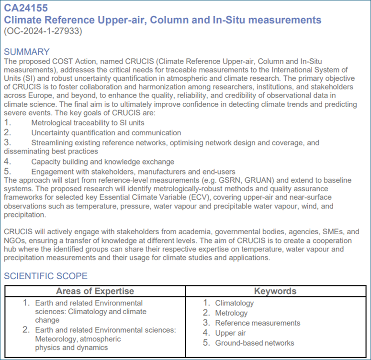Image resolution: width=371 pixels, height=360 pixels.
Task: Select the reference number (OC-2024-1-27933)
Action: [x=43, y=32]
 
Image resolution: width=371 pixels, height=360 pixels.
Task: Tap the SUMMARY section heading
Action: [x=26, y=52]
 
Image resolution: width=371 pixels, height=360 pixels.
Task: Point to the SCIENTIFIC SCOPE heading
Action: [x=45, y=276]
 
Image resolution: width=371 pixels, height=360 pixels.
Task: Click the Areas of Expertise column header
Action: [x=95, y=291]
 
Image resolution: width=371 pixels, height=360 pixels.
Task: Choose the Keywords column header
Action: [x=275, y=291]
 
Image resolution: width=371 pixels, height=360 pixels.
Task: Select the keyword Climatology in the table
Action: [x=234, y=303]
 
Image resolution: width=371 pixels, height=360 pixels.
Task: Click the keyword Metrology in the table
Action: [x=231, y=313]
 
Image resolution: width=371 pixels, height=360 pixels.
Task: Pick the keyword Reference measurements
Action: [x=258, y=323]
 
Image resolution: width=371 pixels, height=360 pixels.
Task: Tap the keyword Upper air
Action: [x=230, y=333]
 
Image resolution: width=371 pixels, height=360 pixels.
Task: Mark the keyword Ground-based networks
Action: [x=254, y=343]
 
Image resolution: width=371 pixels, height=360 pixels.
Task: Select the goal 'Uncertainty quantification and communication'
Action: [x=106, y=132]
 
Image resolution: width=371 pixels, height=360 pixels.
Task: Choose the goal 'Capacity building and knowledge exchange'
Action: [x=102, y=162]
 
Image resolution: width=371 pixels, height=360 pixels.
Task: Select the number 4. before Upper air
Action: [x=206, y=333]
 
